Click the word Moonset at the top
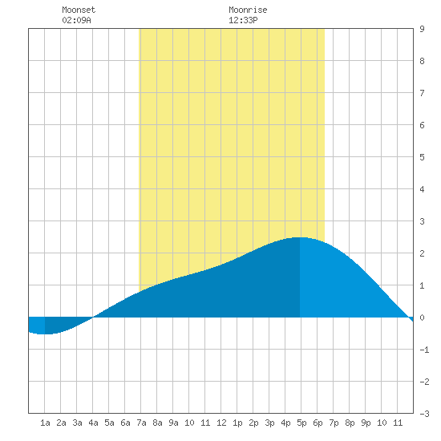click(x=79, y=10)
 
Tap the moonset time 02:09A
click(x=76, y=20)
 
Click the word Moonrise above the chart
click(x=248, y=10)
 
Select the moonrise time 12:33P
click(x=243, y=20)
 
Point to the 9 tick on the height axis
click(x=422, y=29)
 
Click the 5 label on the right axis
click(x=422, y=157)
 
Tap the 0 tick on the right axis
click(x=422, y=318)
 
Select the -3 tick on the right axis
click(x=424, y=414)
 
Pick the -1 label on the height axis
click(x=424, y=350)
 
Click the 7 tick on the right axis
click(x=422, y=93)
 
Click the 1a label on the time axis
click(x=45, y=423)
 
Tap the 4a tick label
click(x=93, y=423)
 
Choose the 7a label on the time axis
click(x=141, y=423)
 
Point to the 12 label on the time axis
click(x=221, y=423)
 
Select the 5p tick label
click(x=301, y=423)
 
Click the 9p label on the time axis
click(x=366, y=423)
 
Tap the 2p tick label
click(x=253, y=423)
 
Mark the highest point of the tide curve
click(x=300, y=237)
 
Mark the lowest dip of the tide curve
click(x=45, y=334)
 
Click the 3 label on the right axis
click(x=422, y=221)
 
